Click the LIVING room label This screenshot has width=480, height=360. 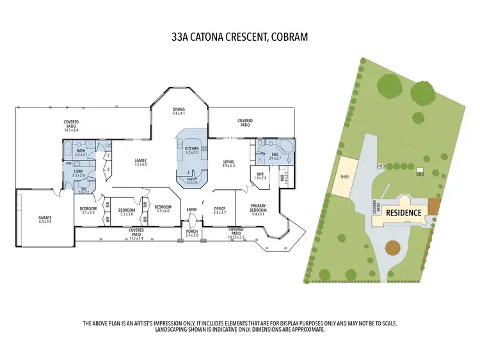click(x=228, y=163)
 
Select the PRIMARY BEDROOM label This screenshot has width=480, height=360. click(x=258, y=212)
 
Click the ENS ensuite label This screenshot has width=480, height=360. click(x=275, y=155)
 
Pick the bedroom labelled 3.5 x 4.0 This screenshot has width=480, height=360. click(x=163, y=208)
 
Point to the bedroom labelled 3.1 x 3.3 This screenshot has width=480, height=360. click(x=88, y=210)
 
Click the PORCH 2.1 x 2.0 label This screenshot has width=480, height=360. click(x=192, y=233)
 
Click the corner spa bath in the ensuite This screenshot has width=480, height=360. click(x=286, y=146)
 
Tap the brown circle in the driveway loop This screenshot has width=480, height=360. click(x=392, y=248)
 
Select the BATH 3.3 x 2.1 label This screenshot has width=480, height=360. click(x=81, y=153)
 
